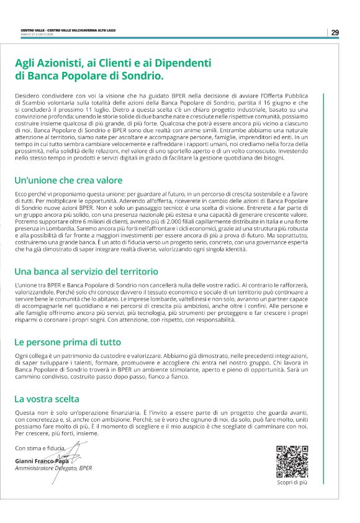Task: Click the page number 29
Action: pos(335,32)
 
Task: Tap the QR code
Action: pos(292,462)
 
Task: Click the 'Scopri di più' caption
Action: pos(292,481)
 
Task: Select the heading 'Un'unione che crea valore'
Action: pos(68,181)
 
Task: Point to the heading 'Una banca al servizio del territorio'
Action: pos(86,271)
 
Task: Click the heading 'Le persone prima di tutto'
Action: pos(68,342)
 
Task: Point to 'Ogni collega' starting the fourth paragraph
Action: pos(30,355)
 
